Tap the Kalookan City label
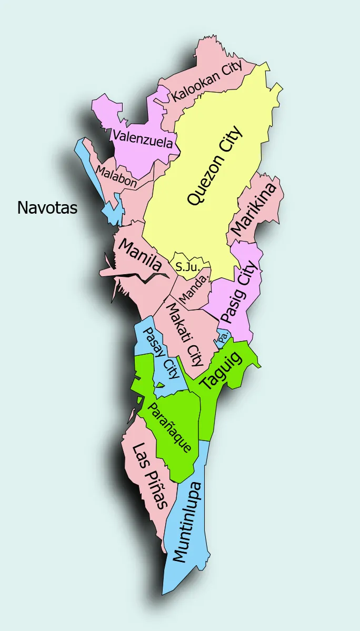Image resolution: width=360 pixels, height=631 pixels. click(208, 82)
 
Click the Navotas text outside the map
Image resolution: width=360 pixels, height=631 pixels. click(47, 207)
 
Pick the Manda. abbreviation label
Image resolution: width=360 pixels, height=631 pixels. click(193, 289)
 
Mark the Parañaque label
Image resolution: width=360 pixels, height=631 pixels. click(168, 428)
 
